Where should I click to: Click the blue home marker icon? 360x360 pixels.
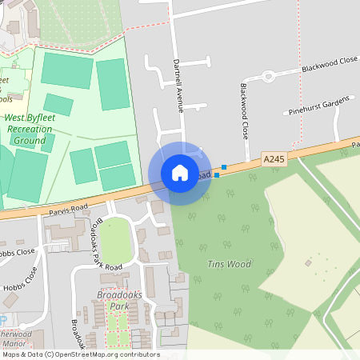(180, 173)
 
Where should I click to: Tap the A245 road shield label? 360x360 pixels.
(274, 160)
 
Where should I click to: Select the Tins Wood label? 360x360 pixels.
(229, 264)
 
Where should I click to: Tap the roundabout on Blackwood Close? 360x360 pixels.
(268, 77)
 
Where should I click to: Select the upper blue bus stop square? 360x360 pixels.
(224, 167)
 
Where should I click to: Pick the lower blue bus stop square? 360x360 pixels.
(216, 174)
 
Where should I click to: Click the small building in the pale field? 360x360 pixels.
(308, 262)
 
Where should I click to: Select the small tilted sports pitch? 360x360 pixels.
(58, 104)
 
